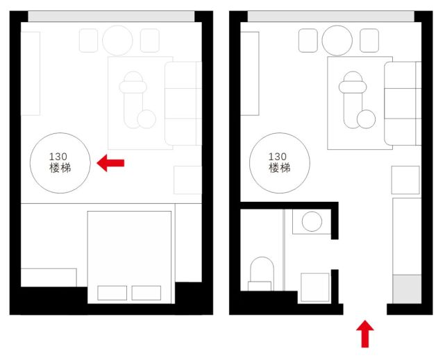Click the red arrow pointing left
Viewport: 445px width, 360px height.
pyautogui.click(x=110, y=163)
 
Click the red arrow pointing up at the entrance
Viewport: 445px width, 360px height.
pyautogui.click(x=365, y=334)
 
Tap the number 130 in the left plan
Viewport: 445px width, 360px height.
pyautogui.click(x=58, y=157)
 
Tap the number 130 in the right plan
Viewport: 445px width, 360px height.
pyautogui.click(x=278, y=157)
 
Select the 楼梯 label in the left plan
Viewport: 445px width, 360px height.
pyautogui.click(x=60, y=168)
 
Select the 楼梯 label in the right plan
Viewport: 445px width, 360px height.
pyautogui.click(x=280, y=168)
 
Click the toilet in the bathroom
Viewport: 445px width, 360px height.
pyautogui.click(x=262, y=274)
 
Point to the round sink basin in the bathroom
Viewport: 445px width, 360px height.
pyautogui.click(x=312, y=221)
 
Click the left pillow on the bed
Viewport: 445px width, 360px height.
pyautogui.click(x=112, y=293)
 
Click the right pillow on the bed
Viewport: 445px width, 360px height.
pyautogui.click(x=146, y=293)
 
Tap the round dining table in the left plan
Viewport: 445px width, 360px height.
pyautogui.click(x=117, y=40)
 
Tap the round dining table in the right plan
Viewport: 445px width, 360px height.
pyautogui.click(x=337, y=40)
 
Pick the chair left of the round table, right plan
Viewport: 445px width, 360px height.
pyautogui.click(x=308, y=40)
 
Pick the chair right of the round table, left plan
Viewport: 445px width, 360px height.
pyautogui.click(x=150, y=40)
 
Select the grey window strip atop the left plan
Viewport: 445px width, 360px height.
pyautogui.click(x=111, y=17)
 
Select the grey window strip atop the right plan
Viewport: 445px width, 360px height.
pyautogui.click(x=331, y=17)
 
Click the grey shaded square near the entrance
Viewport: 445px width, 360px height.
pyautogui.click(x=407, y=289)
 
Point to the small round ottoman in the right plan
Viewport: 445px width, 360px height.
pyautogui.click(x=366, y=119)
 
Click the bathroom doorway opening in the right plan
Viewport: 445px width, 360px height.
pyautogui.click(x=335, y=255)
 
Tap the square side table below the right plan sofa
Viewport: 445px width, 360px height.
pyautogui.click(x=405, y=180)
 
